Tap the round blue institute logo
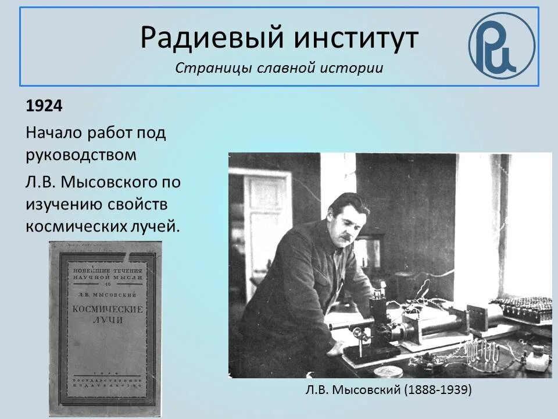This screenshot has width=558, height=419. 501,45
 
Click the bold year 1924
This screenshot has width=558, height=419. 44,106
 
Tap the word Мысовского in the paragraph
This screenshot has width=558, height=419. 113,182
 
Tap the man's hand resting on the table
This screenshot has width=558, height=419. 336,348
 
